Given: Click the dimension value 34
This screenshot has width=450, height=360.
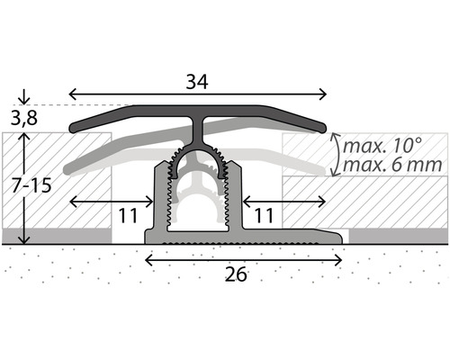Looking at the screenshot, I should click(x=198, y=81).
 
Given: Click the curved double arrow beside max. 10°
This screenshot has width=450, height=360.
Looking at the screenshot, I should click(x=334, y=154).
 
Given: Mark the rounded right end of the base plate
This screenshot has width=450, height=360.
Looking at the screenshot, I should click(x=343, y=238).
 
